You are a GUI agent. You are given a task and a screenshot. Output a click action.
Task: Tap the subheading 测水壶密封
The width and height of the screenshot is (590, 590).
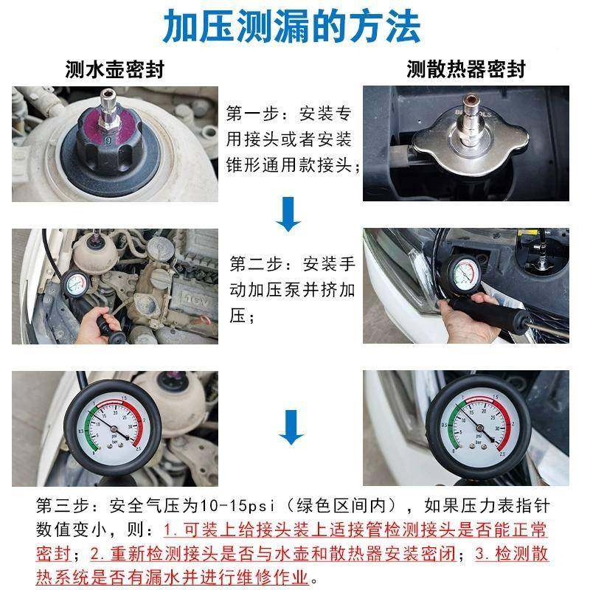(x=114, y=69)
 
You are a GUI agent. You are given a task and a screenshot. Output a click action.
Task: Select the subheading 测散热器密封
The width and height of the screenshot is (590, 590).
(x=466, y=69)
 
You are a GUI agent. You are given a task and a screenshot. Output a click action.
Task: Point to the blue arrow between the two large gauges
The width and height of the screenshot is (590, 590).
(x=291, y=428)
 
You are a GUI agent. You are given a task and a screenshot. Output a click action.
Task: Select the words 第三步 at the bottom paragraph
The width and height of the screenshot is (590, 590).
(x=62, y=507)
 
